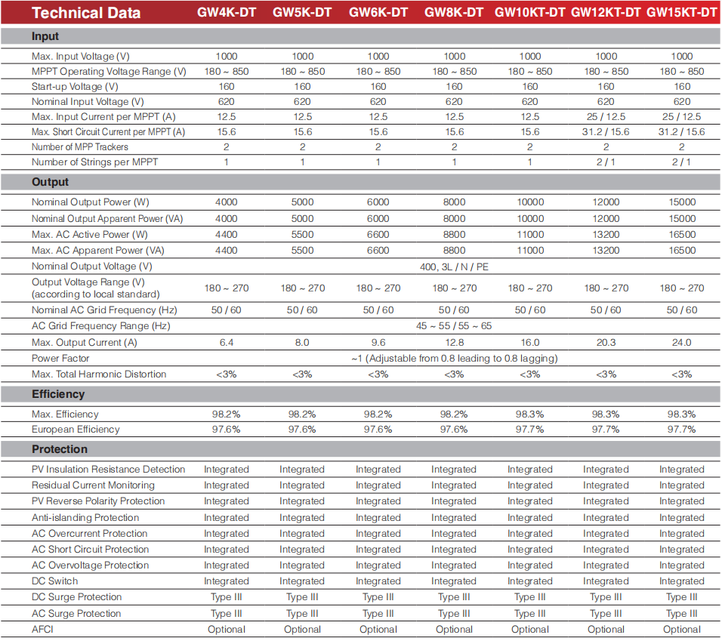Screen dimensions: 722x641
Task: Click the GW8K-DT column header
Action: [454, 12]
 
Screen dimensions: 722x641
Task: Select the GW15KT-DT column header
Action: [681, 12]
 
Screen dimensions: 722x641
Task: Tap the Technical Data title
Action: [86, 12]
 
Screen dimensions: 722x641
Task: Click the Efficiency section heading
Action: [58, 394]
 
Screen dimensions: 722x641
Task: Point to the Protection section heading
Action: [60, 449]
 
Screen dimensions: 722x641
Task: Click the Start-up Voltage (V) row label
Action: [75, 87]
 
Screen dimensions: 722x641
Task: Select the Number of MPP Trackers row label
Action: [79, 146]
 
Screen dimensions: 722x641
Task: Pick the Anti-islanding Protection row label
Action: [85, 518]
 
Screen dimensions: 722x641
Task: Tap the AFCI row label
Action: [42, 629]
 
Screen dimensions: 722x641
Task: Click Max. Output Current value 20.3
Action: [606, 342]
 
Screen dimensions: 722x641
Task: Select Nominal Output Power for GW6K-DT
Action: [378, 202]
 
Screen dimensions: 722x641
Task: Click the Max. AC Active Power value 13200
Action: [606, 234]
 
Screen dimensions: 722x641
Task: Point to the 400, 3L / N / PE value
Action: [454, 267]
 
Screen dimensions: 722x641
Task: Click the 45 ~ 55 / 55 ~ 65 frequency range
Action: [454, 326]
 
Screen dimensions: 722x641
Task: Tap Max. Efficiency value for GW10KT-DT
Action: [529, 414]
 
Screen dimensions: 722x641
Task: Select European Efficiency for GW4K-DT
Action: [226, 430]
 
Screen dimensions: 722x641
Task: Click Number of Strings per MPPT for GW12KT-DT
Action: [606, 162]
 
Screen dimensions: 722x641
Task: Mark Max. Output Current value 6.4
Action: [226, 342]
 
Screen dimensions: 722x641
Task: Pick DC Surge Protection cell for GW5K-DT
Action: [302, 597]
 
